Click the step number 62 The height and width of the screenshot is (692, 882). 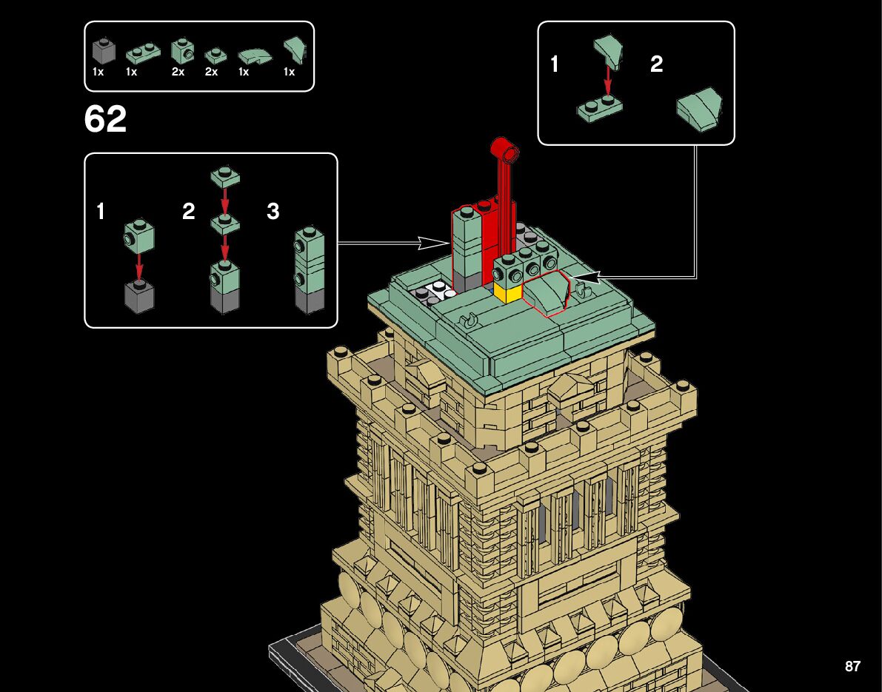point(106,119)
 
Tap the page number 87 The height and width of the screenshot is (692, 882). point(852,666)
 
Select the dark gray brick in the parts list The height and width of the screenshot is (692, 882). point(104,51)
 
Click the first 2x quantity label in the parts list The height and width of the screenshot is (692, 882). point(178,73)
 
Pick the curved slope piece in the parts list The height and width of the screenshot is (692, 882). point(253,56)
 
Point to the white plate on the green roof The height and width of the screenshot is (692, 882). point(436,290)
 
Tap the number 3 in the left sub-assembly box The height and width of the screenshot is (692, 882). point(273,212)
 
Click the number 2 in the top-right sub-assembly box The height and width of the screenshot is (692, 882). point(656,64)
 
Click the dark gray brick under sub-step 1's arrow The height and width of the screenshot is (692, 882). point(139,295)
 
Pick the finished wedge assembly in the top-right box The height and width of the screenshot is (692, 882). point(700,109)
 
